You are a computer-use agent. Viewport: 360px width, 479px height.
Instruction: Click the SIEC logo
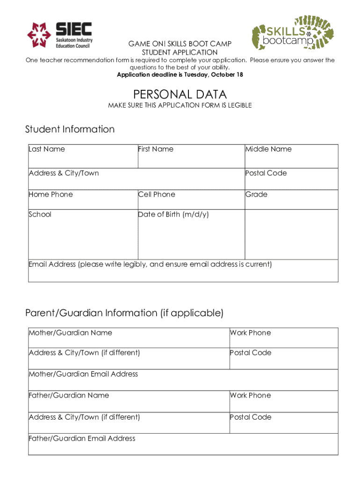[x=59, y=35]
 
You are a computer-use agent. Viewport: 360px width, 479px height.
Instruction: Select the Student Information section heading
[x=70, y=129]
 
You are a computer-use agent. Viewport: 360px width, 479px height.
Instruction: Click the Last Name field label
[x=47, y=149]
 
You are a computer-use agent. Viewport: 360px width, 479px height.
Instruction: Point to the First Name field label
[x=156, y=149]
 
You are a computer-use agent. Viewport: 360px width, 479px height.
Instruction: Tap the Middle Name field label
[x=268, y=149]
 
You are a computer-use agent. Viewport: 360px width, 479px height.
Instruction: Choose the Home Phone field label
[x=51, y=195]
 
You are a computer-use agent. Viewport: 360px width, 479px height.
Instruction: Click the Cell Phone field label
[x=157, y=195]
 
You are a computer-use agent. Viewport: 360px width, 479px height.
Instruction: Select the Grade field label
[x=257, y=195]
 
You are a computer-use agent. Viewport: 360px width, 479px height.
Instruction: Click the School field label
[x=40, y=215]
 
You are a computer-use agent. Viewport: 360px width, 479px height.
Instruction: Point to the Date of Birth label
[x=173, y=215]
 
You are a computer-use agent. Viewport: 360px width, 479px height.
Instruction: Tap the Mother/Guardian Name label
[x=71, y=333]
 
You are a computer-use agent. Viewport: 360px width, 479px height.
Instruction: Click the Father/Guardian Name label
[x=69, y=396]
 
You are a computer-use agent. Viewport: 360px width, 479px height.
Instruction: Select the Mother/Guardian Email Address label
[x=84, y=374]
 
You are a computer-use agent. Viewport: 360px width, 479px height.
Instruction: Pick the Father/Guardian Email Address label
[x=82, y=439]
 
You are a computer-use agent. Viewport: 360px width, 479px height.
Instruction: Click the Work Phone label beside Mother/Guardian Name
[x=250, y=333]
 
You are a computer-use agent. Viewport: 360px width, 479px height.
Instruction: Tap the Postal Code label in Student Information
[x=266, y=173]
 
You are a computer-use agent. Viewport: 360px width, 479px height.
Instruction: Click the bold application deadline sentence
[x=180, y=75]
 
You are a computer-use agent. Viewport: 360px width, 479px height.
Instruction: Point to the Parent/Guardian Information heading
[x=124, y=312]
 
